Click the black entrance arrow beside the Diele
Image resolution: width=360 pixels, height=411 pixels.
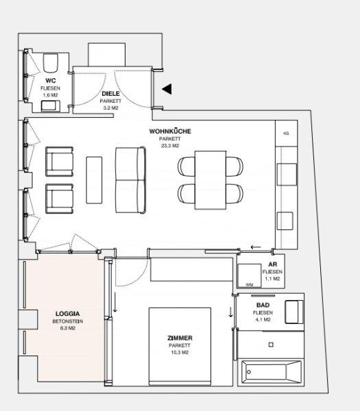[x=168, y=89]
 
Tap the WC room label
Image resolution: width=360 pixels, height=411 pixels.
[x=50, y=80]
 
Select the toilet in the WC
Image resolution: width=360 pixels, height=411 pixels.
[x=50, y=63]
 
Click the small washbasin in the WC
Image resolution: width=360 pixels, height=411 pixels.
[x=50, y=105]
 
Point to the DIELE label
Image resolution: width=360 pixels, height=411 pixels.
[x=110, y=94]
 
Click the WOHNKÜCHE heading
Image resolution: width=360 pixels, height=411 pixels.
[x=170, y=131]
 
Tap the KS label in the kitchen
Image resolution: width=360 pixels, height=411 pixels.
[x=286, y=133]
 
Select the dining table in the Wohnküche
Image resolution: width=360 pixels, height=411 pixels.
[x=211, y=179]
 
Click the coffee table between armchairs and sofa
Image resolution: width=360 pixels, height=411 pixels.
[x=94, y=180]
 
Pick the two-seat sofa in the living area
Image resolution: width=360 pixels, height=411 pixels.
[x=131, y=180]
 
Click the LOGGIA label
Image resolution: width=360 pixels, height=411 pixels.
[x=67, y=314]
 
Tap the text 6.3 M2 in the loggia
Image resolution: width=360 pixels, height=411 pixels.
[x=68, y=328]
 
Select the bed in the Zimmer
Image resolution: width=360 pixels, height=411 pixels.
[x=180, y=346]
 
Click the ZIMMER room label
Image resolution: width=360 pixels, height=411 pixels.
[x=180, y=338]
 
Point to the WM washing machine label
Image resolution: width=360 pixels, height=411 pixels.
[x=249, y=285]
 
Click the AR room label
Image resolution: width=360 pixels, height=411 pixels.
[x=272, y=264]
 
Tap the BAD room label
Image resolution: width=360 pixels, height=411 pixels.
[x=263, y=305]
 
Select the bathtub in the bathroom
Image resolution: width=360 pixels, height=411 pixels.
[x=271, y=372]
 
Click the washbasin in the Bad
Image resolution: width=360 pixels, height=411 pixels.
[x=294, y=312]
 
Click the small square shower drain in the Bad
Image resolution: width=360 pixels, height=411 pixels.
[x=271, y=345]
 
